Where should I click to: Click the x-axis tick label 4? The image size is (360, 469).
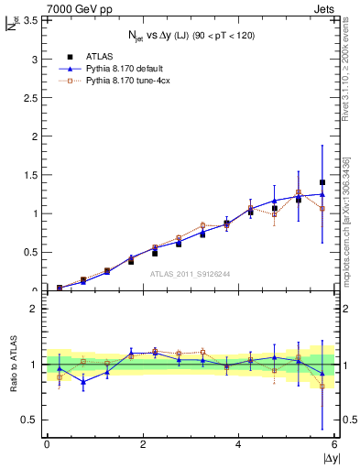(239, 444)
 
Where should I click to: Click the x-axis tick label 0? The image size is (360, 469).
(47, 444)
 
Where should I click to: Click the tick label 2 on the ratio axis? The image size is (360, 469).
(34, 310)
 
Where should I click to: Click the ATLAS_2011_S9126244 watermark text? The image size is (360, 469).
(191, 273)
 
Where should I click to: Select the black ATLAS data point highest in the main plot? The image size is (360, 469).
(322, 182)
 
